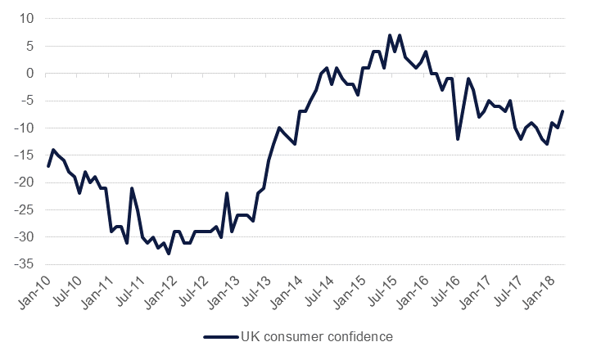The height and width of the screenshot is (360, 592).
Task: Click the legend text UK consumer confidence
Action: click(311, 335)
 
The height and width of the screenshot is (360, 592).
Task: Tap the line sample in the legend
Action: click(219, 335)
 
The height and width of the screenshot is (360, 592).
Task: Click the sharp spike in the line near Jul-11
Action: click(132, 188)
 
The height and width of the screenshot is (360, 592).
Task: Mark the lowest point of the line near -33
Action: click(169, 254)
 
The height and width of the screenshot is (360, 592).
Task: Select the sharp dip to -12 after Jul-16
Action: click(458, 139)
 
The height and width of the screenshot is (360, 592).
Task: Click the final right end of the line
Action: click(563, 111)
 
